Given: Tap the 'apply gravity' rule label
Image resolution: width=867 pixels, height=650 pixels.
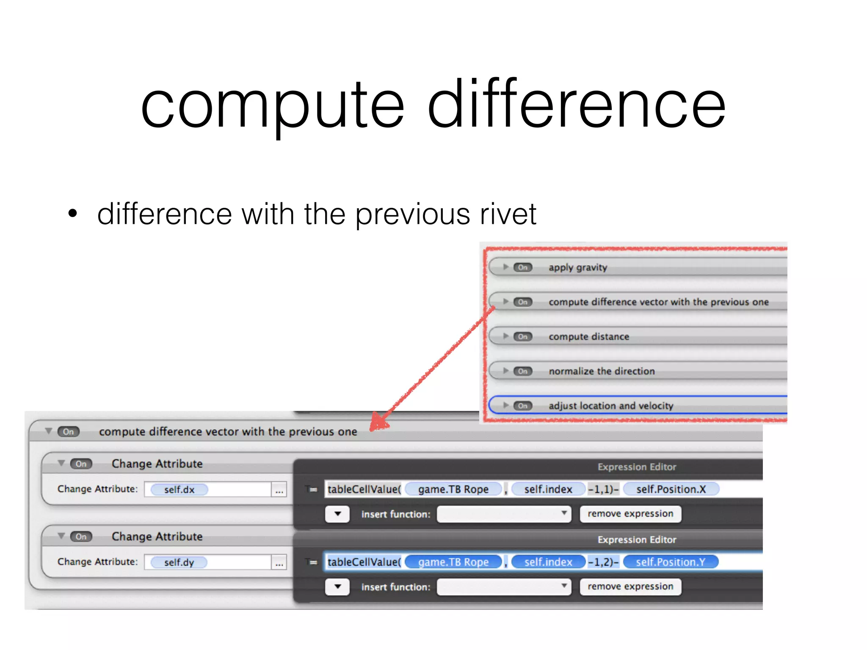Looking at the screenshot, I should pos(578,267).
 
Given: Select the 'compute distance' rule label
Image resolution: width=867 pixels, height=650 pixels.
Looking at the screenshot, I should pos(589,337).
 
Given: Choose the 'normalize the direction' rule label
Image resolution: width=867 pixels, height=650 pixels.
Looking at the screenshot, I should pos(602,372).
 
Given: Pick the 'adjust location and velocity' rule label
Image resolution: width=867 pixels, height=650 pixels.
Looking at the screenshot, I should pos(611,406).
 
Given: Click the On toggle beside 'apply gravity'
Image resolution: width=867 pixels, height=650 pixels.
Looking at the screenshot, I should pos(523,267).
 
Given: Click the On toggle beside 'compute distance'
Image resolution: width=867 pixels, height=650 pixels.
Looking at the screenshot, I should pos(523,337).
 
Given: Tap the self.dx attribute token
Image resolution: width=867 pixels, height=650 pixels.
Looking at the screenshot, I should pos(179,490).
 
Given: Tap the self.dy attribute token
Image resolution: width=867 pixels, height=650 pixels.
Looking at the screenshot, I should pos(179,562).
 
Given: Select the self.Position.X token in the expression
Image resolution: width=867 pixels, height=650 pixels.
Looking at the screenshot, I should pos(671,490).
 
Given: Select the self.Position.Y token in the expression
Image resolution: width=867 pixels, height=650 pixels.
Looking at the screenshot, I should pos(671,562).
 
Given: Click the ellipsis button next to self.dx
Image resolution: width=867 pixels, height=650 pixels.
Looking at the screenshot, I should pos(279,490).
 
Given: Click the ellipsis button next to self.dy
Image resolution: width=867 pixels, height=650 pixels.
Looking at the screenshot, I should pos(279,563).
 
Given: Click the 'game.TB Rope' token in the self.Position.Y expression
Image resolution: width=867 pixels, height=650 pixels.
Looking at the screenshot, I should pos(453,562).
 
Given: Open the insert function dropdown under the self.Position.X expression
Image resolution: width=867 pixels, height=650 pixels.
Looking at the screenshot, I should pos(504,514).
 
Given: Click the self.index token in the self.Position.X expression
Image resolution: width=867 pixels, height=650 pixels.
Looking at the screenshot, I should pos(548,490).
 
